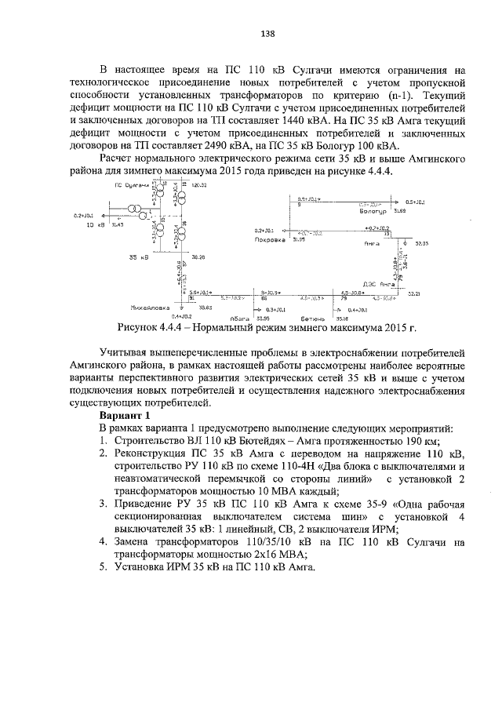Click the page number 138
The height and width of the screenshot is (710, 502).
click(267, 35)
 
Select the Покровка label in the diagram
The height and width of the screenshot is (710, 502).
click(268, 239)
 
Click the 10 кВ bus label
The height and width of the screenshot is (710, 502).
click(95, 224)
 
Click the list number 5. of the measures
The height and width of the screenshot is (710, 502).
click(104, 566)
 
